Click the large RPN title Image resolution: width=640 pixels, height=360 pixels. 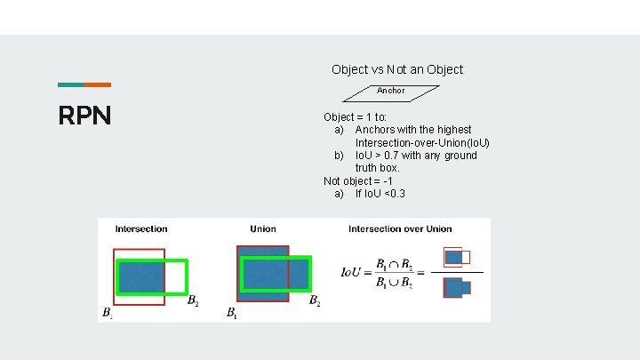84,116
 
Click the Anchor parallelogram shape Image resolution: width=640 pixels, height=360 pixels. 391,91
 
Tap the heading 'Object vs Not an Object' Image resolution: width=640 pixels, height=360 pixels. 397,69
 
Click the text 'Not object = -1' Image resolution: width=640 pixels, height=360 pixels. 358,181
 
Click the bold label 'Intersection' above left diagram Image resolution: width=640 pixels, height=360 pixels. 141,229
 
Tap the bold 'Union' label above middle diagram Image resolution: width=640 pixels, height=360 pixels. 263,229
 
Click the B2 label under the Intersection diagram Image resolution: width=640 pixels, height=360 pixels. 193,301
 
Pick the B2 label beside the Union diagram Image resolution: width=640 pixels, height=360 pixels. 314,301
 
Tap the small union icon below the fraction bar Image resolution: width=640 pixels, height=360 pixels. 457,287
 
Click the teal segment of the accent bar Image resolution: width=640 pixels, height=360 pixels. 71,85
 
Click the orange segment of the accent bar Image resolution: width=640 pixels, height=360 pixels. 98,85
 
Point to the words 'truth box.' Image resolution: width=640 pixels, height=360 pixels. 378,168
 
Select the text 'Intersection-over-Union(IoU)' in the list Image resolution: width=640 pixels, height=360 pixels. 422,143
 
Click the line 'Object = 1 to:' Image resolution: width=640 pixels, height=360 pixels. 355,116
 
